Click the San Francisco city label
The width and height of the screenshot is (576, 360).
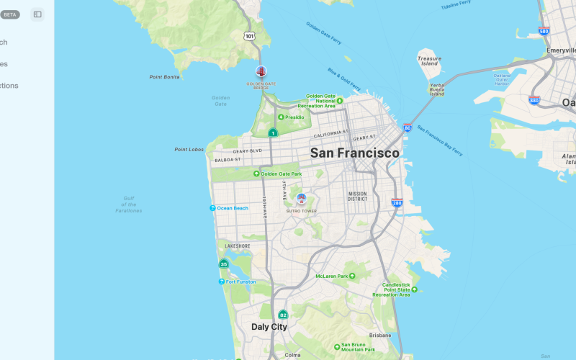tap(354, 153)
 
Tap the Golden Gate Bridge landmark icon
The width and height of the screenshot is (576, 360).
tap(261, 71)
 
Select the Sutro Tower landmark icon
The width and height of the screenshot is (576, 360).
tap(301, 198)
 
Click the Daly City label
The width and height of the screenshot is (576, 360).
tap(269, 327)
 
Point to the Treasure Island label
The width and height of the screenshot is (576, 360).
tap(429, 60)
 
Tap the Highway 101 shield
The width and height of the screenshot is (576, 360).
tap(249, 36)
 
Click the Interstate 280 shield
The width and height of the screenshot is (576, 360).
tap(397, 203)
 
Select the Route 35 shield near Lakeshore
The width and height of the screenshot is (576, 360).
tap(224, 264)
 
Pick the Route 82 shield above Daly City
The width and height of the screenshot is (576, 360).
tap(283, 315)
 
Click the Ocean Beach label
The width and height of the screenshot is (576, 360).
tap(232, 208)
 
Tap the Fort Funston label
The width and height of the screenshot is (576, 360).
tap(240, 282)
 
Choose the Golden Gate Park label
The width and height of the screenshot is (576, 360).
tap(281, 174)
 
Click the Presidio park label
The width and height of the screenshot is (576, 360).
tap(294, 117)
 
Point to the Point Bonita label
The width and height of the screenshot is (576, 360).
tap(164, 77)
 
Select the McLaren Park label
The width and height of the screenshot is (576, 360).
tap(336, 276)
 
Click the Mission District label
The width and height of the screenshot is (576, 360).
tap(358, 196)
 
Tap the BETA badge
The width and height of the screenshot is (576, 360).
tap(10, 14)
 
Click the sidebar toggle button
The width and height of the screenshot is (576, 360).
tap(37, 14)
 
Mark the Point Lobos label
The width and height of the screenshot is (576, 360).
tap(189, 150)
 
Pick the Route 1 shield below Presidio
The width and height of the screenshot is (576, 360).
tap(273, 132)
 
